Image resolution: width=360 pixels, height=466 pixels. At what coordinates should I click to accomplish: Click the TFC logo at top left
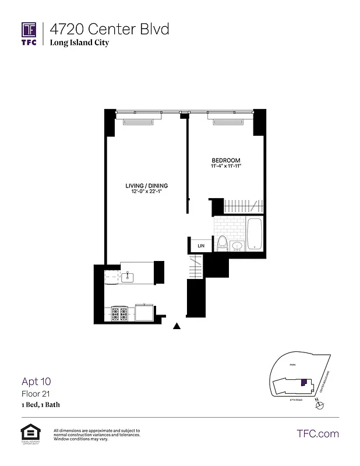tap(29, 33)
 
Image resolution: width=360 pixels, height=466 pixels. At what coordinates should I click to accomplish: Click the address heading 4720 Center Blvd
tap(110, 29)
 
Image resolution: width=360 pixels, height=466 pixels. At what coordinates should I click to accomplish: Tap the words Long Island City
tap(79, 43)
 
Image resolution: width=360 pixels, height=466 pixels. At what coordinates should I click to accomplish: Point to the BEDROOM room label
tap(225, 160)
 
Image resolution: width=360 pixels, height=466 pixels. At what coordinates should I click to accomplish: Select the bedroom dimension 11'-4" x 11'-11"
tap(225, 167)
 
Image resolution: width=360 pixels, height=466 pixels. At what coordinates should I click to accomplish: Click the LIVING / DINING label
tap(143, 186)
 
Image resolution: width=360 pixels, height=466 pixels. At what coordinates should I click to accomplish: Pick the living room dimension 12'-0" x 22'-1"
tap(143, 193)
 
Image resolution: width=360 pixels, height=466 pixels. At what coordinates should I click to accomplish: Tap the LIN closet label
tap(201, 246)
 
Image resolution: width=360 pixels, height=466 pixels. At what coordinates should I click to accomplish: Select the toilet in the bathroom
tap(221, 243)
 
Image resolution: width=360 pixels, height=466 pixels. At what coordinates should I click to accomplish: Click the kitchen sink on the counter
tap(130, 276)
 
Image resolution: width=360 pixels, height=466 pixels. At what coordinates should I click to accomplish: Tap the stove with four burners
tap(121, 314)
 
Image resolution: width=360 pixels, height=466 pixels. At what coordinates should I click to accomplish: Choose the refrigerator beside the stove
tap(143, 313)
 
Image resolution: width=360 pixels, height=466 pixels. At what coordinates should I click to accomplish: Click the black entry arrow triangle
tap(177, 327)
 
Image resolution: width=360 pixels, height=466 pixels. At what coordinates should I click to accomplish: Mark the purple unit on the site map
tap(303, 383)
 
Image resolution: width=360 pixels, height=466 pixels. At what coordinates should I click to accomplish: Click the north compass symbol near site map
tap(318, 406)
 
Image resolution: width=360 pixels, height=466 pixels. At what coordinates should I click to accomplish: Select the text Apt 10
tap(37, 382)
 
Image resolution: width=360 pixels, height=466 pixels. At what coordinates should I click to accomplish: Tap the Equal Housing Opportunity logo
tap(29, 434)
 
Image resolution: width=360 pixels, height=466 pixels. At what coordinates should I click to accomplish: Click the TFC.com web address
tap(317, 433)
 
